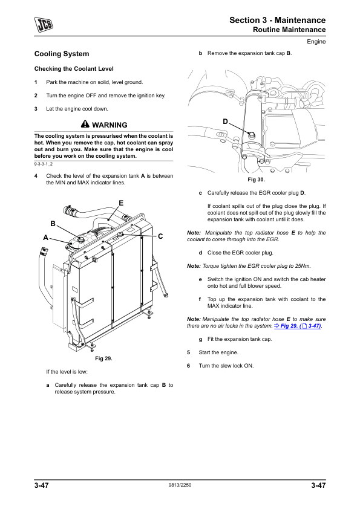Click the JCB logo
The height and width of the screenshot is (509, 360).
click(44, 24)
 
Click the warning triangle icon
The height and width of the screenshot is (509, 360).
click(85, 124)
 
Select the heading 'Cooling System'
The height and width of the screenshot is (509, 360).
click(62, 54)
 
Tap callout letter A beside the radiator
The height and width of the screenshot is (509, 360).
click(46, 238)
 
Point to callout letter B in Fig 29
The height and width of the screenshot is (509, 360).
click(53, 224)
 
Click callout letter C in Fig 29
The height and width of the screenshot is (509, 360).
click(160, 236)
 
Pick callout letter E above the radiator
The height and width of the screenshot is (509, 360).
click(121, 203)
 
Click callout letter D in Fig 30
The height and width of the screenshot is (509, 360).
click(225, 122)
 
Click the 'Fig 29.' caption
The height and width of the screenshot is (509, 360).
click(103, 358)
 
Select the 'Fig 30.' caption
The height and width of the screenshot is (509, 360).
click(257, 180)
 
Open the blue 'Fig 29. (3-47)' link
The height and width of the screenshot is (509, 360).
click(298, 326)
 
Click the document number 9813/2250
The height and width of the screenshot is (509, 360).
click(180, 485)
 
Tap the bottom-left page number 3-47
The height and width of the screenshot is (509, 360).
click(42, 485)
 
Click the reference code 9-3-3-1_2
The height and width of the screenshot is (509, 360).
click(43, 164)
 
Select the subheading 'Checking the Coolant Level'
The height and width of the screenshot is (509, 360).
click(74, 69)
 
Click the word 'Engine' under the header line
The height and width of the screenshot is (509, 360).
click(316, 42)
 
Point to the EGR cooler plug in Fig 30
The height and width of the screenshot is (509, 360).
click(251, 135)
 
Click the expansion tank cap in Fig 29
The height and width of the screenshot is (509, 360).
click(80, 239)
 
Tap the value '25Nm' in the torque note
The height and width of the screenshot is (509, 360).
click(302, 266)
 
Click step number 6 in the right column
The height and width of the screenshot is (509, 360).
click(188, 366)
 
